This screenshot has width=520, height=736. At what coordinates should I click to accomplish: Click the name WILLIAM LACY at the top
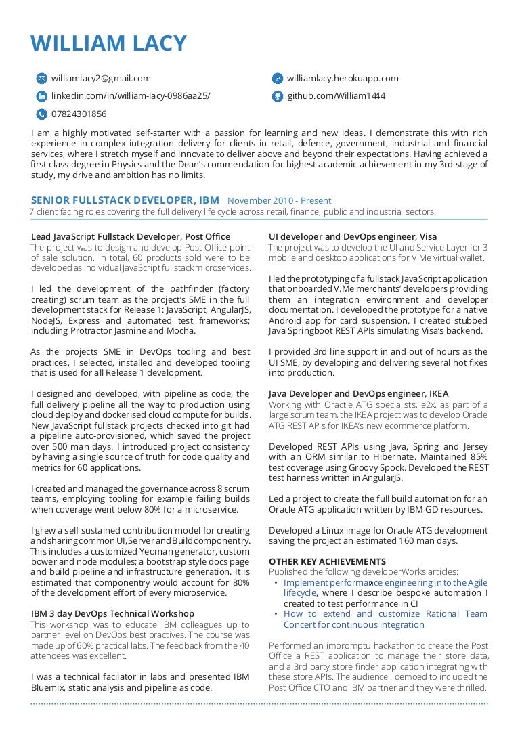point(108,43)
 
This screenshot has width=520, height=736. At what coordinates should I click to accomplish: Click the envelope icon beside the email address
point(41,79)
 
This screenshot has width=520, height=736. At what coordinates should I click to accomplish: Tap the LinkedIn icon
point(41,96)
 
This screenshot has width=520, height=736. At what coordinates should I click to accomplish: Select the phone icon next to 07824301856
point(41,114)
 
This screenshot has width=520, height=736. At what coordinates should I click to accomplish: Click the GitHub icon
point(277,96)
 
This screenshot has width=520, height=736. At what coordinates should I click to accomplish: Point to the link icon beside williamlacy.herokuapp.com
point(277,79)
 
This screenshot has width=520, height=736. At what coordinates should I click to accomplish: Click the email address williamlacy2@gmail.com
point(101,79)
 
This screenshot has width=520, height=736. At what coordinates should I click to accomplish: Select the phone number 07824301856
point(79,114)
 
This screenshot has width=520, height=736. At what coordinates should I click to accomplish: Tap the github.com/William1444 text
point(336,96)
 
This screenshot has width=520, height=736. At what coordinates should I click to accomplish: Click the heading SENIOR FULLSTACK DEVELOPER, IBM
point(125,200)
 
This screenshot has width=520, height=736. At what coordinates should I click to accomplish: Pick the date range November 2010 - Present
point(279,201)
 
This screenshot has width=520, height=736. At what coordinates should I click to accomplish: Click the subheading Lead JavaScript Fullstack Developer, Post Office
point(131,237)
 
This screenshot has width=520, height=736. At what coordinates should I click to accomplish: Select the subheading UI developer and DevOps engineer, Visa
point(352,237)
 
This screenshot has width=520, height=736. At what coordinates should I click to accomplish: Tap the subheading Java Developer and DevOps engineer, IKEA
point(358,394)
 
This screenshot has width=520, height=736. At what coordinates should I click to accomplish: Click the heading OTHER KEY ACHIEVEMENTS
point(327,562)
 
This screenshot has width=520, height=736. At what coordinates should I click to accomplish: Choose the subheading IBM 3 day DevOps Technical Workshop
point(112,614)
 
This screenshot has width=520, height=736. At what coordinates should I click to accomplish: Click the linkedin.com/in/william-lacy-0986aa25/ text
point(131,96)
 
